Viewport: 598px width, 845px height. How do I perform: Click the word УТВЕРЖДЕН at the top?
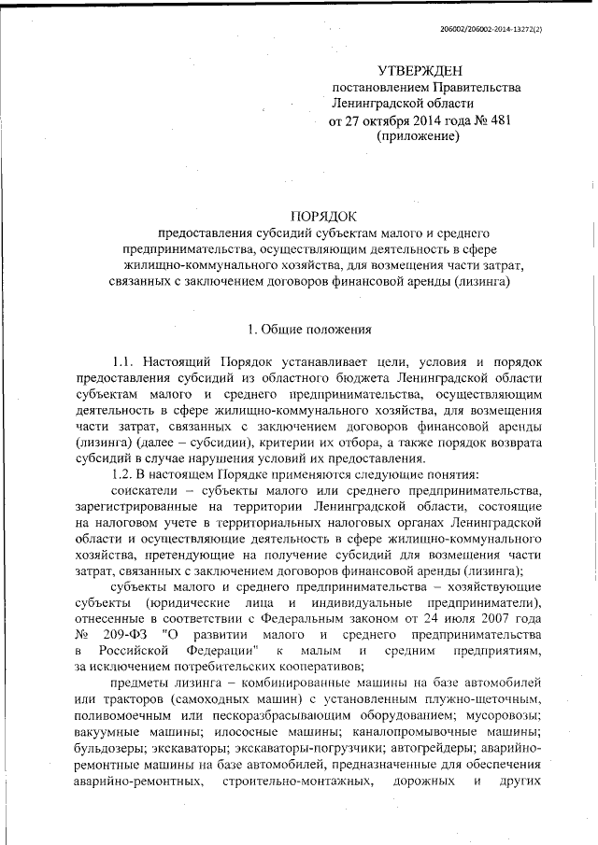point(420,71)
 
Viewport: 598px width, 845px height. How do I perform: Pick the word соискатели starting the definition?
point(144,489)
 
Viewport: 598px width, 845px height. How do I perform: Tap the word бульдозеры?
point(108,748)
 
